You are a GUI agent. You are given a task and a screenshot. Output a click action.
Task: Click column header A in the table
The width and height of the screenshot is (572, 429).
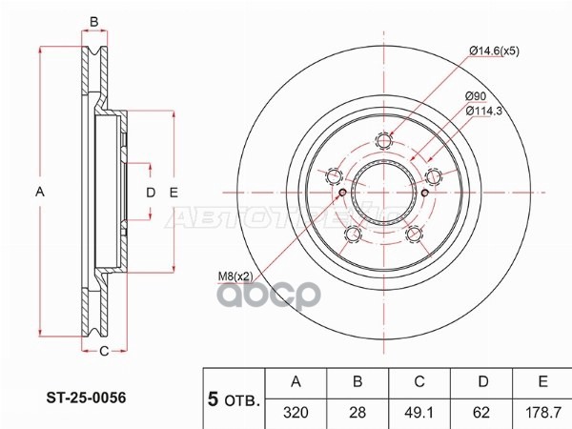coord(296,382)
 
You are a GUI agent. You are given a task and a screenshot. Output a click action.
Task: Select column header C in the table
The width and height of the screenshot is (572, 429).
coord(419,382)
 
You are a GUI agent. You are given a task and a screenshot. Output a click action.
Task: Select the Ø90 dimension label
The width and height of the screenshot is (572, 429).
coord(477,96)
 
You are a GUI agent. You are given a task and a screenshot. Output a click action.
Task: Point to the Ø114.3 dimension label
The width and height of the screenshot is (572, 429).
coord(486,111)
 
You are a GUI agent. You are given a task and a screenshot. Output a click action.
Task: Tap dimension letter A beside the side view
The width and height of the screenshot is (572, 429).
coord(39,193)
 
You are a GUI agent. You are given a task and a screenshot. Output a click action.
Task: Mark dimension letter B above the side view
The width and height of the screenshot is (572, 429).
coord(94,22)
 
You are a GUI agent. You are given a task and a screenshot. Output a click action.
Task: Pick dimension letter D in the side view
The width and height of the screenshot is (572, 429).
coord(150,193)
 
